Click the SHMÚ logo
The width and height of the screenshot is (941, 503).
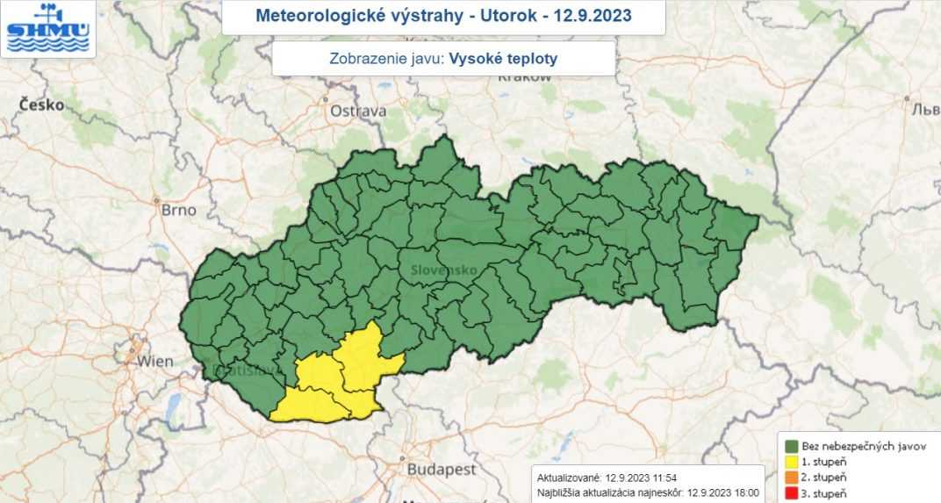[47, 28]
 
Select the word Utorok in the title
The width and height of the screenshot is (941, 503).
[509, 16]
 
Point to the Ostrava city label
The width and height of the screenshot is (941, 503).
[357, 111]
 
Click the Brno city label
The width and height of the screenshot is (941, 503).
[178, 210]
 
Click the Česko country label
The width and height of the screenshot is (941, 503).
[41, 104]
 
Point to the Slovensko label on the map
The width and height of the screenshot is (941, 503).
[443, 270]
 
